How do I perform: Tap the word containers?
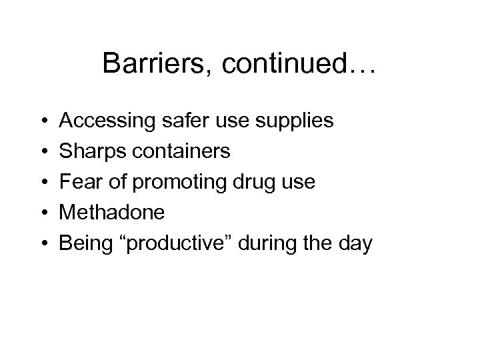179,151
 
